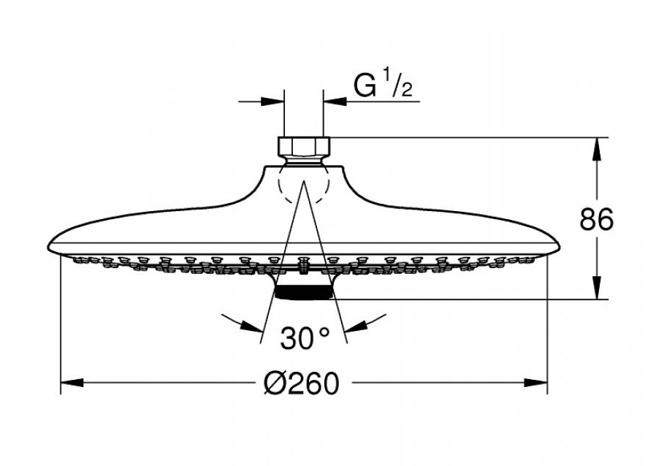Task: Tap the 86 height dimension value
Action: [x=597, y=219]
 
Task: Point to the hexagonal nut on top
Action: [x=304, y=146]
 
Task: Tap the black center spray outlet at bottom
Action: [x=303, y=292]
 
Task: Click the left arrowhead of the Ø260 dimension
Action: [x=72, y=382]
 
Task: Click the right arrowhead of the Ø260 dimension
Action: [x=536, y=382]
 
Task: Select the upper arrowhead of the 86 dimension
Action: [x=597, y=148]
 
